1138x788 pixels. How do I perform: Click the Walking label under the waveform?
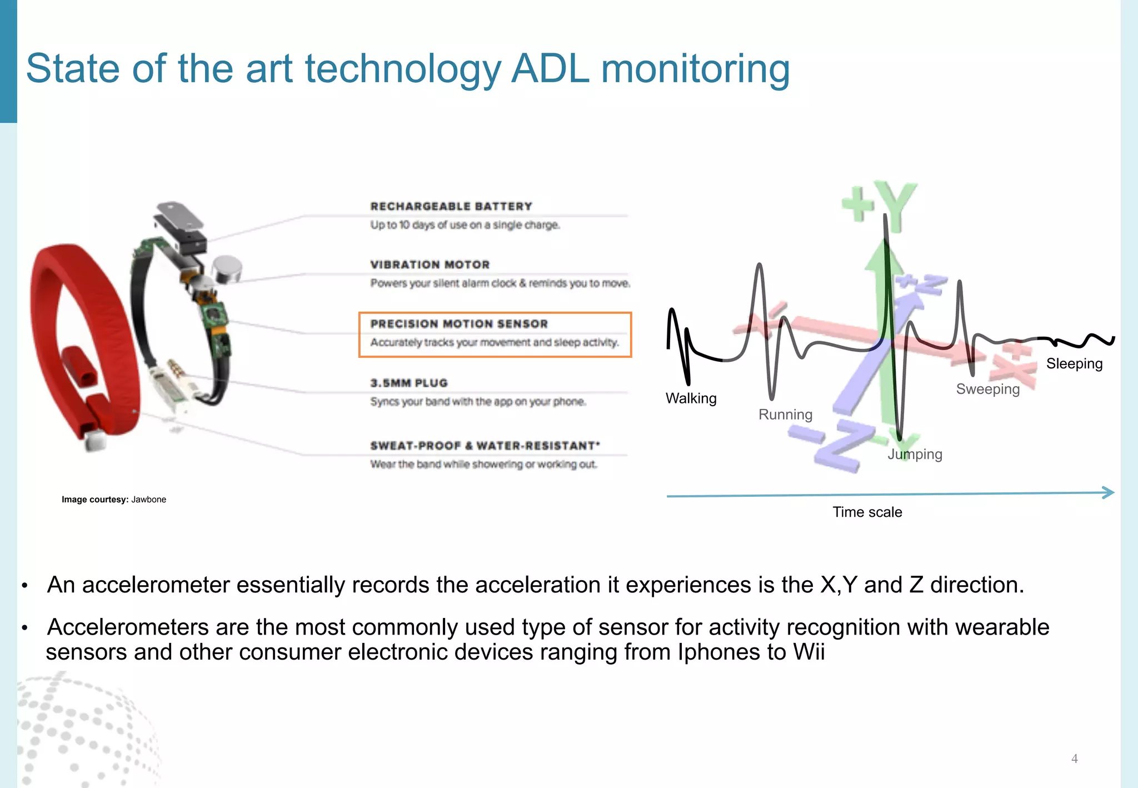pyautogui.click(x=691, y=398)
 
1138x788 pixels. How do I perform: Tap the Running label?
pyautogui.click(x=785, y=415)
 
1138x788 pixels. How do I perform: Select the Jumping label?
pyautogui.click(x=915, y=454)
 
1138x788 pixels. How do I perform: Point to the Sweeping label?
pyautogui.click(x=987, y=389)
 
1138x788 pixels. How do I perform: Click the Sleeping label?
pyautogui.click(x=1074, y=363)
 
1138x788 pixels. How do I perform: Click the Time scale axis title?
pyautogui.click(x=867, y=512)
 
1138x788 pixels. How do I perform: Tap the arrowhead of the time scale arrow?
pyautogui.click(x=1108, y=492)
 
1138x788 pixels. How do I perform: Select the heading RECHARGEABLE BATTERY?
pyautogui.click(x=451, y=206)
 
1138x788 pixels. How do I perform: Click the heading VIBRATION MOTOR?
pyautogui.click(x=430, y=265)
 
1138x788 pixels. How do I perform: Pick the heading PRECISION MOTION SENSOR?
pyautogui.click(x=459, y=323)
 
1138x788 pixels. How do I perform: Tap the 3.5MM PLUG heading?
pyautogui.click(x=409, y=383)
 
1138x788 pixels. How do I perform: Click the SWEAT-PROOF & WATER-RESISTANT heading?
pyautogui.click(x=485, y=446)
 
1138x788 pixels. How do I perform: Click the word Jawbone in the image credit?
pyautogui.click(x=148, y=500)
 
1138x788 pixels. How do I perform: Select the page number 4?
pyautogui.click(x=1074, y=759)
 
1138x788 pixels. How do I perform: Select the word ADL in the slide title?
pyautogui.click(x=550, y=68)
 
